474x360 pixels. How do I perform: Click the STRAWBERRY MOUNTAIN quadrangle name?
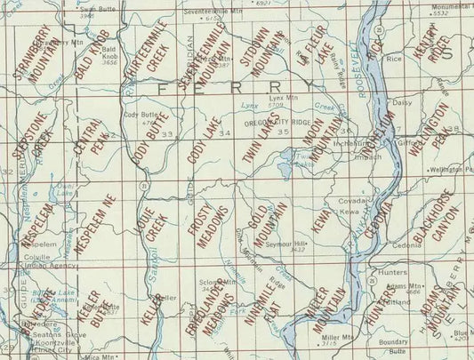click(x=36, y=55)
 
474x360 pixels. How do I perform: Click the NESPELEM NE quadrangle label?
click(x=92, y=227)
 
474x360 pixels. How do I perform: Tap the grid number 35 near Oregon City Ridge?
click(x=284, y=132)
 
